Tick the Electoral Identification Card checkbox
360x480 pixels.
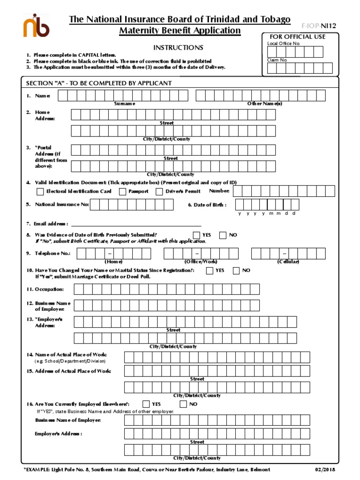coord(40,191)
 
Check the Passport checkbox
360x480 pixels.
coord(122,191)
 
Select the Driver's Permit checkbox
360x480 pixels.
coord(159,191)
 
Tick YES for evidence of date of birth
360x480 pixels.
coord(196,235)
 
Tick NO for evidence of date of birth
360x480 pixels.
coord(223,235)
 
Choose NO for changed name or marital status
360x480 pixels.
coord(236,270)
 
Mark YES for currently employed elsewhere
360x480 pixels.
coord(146,404)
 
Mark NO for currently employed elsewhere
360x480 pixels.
coord(183,404)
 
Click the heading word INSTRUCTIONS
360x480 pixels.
coord(178,48)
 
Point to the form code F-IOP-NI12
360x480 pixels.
coord(319,26)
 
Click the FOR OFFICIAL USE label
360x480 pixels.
coord(297,37)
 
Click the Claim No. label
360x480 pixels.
coord(277,60)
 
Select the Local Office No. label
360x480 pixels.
coord(283,44)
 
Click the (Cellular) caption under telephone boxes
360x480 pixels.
coord(288,262)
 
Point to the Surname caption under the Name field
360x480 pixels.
coord(124,104)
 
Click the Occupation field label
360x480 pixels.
coord(45,289)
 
